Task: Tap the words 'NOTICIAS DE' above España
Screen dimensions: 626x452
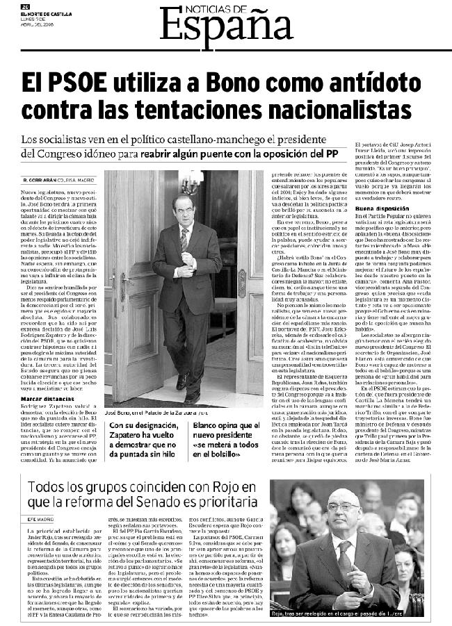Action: click(218, 8)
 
